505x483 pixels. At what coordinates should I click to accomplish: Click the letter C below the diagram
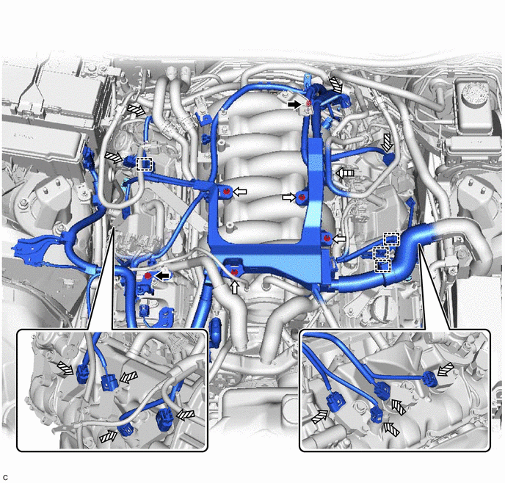pyautogui.click(x=5, y=478)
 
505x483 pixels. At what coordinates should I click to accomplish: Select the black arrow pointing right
pyautogui.click(x=294, y=104)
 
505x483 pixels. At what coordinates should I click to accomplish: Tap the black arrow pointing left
pyautogui.click(x=162, y=275)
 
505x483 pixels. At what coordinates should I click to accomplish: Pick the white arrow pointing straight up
pyautogui.click(x=235, y=287)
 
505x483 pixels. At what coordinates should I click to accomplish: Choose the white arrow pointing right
pyautogui.click(x=289, y=197)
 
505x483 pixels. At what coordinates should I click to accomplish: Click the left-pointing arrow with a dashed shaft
pyautogui.click(x=345, y=173)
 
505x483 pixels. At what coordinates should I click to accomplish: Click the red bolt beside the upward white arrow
pyautogui.click(x=235, y=272)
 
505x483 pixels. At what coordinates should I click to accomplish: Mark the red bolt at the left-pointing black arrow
pyautogui.click(x=148, y=275)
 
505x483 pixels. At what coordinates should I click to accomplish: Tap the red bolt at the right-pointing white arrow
pyautogui.click(x=302, y=197)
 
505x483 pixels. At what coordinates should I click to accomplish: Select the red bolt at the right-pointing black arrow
pyautogui.click(x=308, y=103)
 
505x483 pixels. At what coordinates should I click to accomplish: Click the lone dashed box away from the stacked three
pyautogui.click(x=144, y=164)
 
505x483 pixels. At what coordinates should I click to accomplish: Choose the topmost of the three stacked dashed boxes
pyautogui.click(x=391, y=239)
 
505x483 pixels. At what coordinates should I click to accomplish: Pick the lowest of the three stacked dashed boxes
pyautogui.click(x=383, y=266)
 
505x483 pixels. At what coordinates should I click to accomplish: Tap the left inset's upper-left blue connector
pyautogui.click(x=81, y=374)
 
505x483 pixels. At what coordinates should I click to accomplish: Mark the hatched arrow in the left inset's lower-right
pyautogui.click(x=186, y=415)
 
